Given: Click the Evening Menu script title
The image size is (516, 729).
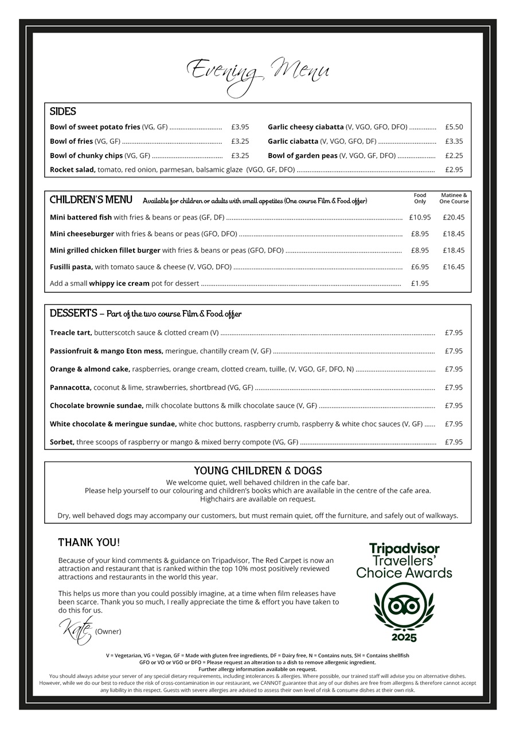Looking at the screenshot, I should tap(258, 73).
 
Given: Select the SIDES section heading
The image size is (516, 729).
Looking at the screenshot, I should tap(63, 112).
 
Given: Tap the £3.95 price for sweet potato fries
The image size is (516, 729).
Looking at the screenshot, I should tap(240, 127).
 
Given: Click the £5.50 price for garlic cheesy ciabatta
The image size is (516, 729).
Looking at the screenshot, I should tap(454, 127).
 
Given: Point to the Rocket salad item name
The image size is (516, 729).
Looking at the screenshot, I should tap(72, 170).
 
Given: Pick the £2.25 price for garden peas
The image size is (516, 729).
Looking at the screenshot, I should tap(454, 155).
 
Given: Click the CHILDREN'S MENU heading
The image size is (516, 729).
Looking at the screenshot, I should tap(91, 200).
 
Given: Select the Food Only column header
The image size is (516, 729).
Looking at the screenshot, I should tap(420, 198).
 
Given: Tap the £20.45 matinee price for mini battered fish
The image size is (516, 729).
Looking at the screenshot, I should tap(454, 218).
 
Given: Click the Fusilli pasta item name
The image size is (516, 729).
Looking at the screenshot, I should tap(71, 267).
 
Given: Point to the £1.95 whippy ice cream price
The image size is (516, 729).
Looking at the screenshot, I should tap(420, 284).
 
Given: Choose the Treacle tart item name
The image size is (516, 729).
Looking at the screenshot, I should tap(71, 332).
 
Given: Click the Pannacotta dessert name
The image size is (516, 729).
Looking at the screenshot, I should tap(71, 387).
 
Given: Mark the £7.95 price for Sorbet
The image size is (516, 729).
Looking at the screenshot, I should tap(454, 442).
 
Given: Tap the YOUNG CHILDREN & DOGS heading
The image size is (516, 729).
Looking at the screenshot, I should tap(258, 471).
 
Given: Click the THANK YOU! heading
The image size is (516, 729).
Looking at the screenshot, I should tap(89, 542).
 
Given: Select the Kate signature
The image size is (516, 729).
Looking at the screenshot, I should tap(76, 630).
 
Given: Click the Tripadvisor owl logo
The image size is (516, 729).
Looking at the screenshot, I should tap(404, 606).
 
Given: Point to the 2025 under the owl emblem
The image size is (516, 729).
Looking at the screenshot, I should tap(404, 637).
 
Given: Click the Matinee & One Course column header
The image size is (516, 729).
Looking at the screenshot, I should tap(454, 198).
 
